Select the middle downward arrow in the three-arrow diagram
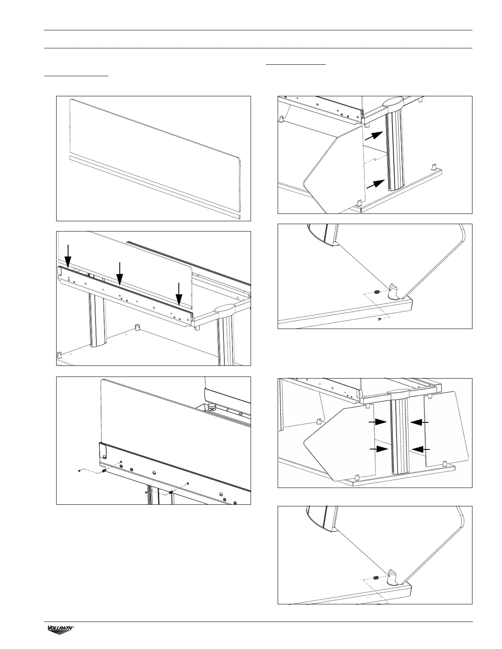tap(119, 272)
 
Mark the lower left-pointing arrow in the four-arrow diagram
tap(420, 449)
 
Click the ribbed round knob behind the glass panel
tap(212, 407)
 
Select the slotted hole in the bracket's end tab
tap(104, 456)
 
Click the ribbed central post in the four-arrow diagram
tap(399, 438)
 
